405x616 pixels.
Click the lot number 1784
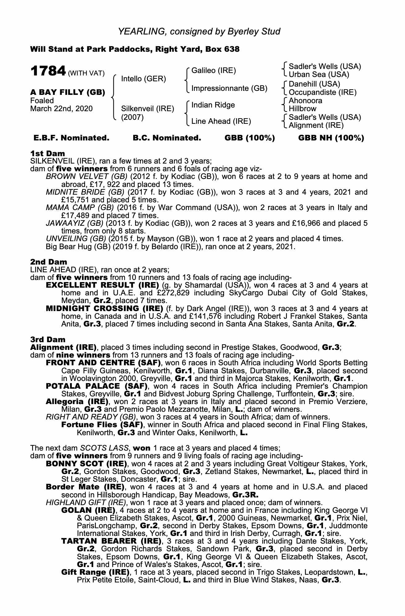(x=48, y=71)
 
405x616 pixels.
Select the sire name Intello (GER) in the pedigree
(x=143, y=79)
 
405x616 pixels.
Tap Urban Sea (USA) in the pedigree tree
(x=319, y=75)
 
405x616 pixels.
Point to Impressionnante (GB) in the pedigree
(x=229, y=88)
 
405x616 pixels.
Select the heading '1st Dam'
(x=47, y=153)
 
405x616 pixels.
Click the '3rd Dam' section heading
(x=48, y=339)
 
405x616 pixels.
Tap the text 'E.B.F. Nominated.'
(x=71, y=138)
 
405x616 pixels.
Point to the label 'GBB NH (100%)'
(x=331, y=138)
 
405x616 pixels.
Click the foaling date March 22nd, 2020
(x=61, y=108)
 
